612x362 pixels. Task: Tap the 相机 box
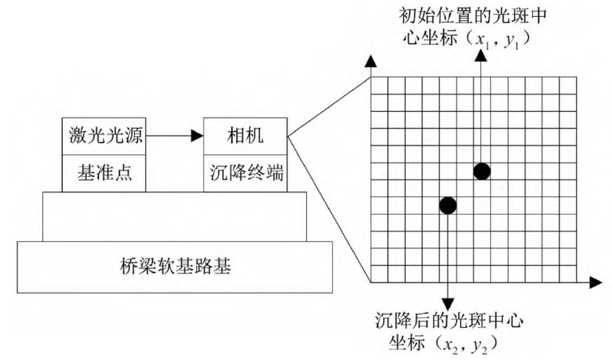(x=245, y=137)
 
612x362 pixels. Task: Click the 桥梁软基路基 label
(x=176, y=266)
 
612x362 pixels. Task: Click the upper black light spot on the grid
(x=482, y=171)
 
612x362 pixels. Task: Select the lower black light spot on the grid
(x=448, y=205)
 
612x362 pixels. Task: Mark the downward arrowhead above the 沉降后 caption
(x=448, y=303)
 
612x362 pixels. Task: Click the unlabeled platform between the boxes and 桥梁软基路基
(x=175, y=217)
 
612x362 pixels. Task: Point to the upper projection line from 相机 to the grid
(x=329, y=106)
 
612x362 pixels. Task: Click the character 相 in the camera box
(x=236, y=137)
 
